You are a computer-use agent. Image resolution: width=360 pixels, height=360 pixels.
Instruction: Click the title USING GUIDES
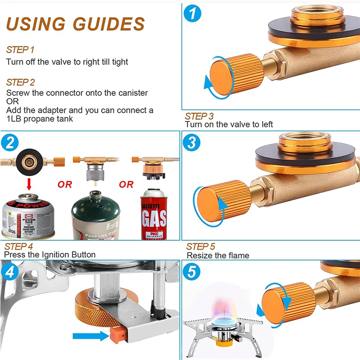click(x=76, y=23)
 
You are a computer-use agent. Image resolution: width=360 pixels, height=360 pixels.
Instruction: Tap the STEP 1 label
click(x=20, y=49)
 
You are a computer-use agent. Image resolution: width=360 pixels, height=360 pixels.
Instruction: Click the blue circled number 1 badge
click(x=193, y=14)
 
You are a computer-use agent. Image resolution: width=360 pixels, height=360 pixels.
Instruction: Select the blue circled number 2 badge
click(x=9, y=143)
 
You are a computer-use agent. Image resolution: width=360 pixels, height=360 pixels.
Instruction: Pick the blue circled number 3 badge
click(x=193, y=143)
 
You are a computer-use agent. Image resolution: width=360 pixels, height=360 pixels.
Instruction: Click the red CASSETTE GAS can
click(x=154, y=211)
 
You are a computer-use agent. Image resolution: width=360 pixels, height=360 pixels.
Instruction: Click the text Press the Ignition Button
click(x=50, y=255)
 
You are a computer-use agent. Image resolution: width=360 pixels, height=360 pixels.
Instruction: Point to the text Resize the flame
click(x=218, y=255)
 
